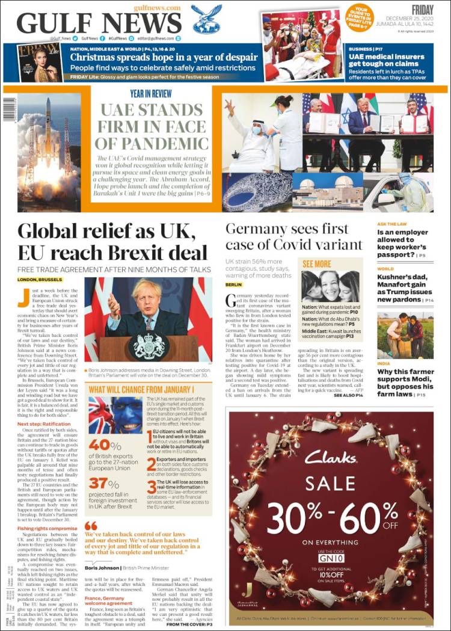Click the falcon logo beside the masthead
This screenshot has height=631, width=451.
coord(207,20)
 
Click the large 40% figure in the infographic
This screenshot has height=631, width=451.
coord(105,445)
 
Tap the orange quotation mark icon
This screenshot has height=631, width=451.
coord(91,525)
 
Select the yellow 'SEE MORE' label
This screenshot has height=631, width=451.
coord(317,263)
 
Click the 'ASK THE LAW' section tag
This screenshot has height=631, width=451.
coord(392,224)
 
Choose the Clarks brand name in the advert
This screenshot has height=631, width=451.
coord(331,457)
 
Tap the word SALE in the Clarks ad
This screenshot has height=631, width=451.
coord(330,483)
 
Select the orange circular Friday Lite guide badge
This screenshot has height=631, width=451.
coord(360,17)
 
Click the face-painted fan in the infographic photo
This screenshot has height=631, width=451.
coord(114,414)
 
